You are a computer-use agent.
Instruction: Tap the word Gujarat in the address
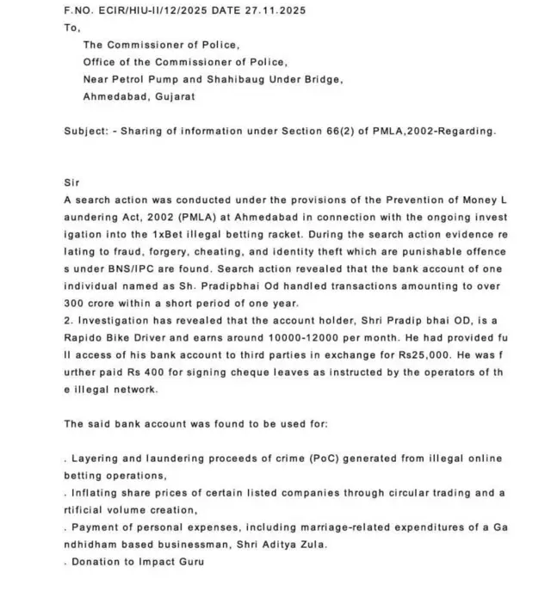(x=175, y=96)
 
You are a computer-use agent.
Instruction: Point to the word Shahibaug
(x=243, y=79)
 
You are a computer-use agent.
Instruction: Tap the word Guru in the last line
(x=192, y=561)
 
